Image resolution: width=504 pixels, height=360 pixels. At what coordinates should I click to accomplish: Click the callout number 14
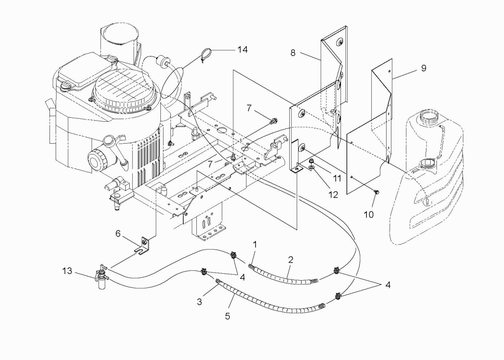(x=242, y=49)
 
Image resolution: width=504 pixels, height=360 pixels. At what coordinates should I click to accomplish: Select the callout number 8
(x=293, y=53)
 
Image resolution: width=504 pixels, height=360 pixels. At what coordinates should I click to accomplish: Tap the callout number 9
(x=423, y=68)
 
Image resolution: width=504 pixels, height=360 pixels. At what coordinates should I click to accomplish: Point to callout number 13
(x=67, y=271)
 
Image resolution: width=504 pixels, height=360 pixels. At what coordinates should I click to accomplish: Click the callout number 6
(x=118, y=233)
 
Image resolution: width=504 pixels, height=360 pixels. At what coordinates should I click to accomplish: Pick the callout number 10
(x=369, y=215)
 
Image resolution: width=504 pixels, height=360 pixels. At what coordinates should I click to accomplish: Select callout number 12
(x=334, y=194)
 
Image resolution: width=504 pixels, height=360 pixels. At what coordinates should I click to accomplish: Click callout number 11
(x=337, y=178)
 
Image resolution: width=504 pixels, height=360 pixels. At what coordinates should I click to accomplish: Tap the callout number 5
(x=227, y=316)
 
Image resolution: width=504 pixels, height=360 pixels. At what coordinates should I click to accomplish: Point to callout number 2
(x=291, y=259)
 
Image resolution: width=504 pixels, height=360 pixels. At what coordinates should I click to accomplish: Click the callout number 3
(x=199, y=302)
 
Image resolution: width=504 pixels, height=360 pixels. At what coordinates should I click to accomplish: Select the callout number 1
(x=255, y=245)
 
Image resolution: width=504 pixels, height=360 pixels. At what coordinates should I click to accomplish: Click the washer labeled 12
(x=312, y=167)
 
